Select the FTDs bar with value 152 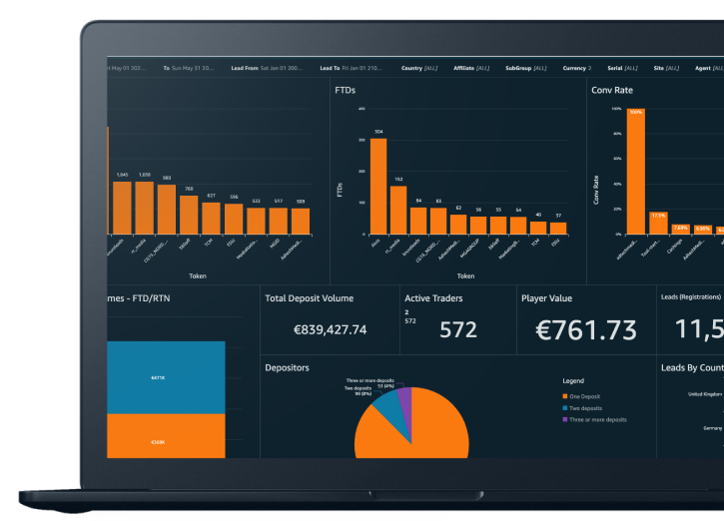pyautogui.click(x=398, y=211)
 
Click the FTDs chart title pyautogui.click(x=345, y=90)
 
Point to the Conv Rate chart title pyautogui.click(x=613, y=90)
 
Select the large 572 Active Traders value pyautogui.click(x=458, y=329)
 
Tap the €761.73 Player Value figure pyautogui.click(x=586, y=328)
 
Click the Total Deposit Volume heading pyautogui.click(x=309, y=297)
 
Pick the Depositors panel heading pyautogui.click(x=287, y=368)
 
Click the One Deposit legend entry pyautogui.click(x=588, y=395)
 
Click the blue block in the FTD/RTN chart pyautogui.click(x=165, y=377)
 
